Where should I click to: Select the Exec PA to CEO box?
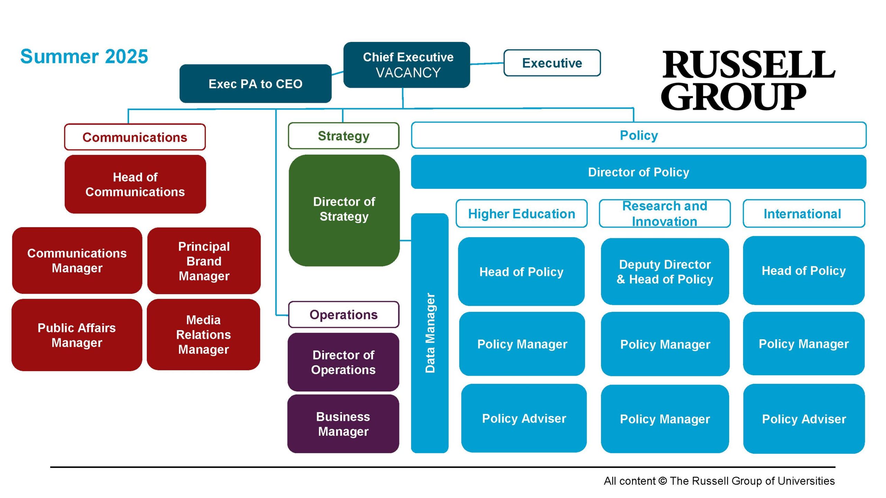[255, 84]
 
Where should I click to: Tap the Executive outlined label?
[552, 63]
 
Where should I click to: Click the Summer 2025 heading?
[84, 56]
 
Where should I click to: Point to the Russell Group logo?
[748, 80]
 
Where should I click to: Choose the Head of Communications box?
[135, 184]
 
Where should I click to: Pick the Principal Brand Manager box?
[204, 261]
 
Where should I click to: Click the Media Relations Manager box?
[204, 335]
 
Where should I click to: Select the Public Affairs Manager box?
[77, 335]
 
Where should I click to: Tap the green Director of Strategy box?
[344, 210]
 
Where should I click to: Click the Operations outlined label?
[344, 315]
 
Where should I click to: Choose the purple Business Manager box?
[343, 424]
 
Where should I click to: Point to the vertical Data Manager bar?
[430, 333]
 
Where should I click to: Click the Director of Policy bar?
[639, 172]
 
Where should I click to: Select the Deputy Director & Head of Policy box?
[665, 272]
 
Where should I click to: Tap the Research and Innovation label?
[665, 214]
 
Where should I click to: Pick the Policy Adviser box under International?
[804, 419]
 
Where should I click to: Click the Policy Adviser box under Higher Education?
[524, 418]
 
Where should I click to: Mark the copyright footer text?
[719, 481]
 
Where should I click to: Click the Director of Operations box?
[343, 362]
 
